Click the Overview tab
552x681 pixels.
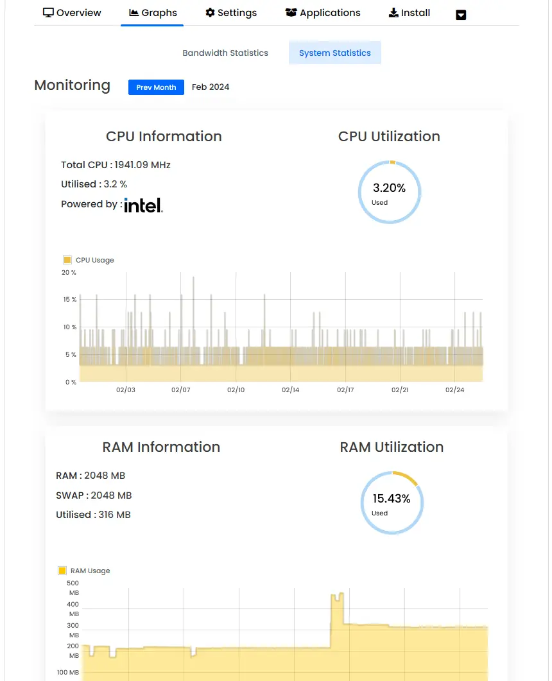tap(72, 13)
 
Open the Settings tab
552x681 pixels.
tap(231, 13)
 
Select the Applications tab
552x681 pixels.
tap(323, 13)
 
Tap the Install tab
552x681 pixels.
tap(410, 13)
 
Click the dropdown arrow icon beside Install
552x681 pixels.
tap(461, 15)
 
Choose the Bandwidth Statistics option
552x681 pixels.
tap(225, 53)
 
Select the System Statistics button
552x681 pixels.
tap(335, 53)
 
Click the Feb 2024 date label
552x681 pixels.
tap(211, 87)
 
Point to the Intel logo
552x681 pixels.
tap(143, 205)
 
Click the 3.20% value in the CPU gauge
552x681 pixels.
tap(390, 188)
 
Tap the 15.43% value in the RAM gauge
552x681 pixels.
tap(392, 499)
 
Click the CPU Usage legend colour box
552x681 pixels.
tap(67, 260)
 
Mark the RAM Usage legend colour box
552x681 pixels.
tap(62, 571)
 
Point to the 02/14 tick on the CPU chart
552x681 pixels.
tap(291, 390)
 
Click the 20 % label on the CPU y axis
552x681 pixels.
tap(69, 273)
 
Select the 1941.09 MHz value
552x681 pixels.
tap(142, 165)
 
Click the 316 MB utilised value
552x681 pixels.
tap(114, 515)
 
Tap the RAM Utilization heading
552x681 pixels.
tap(392, 447)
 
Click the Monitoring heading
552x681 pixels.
tap(72, 85)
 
